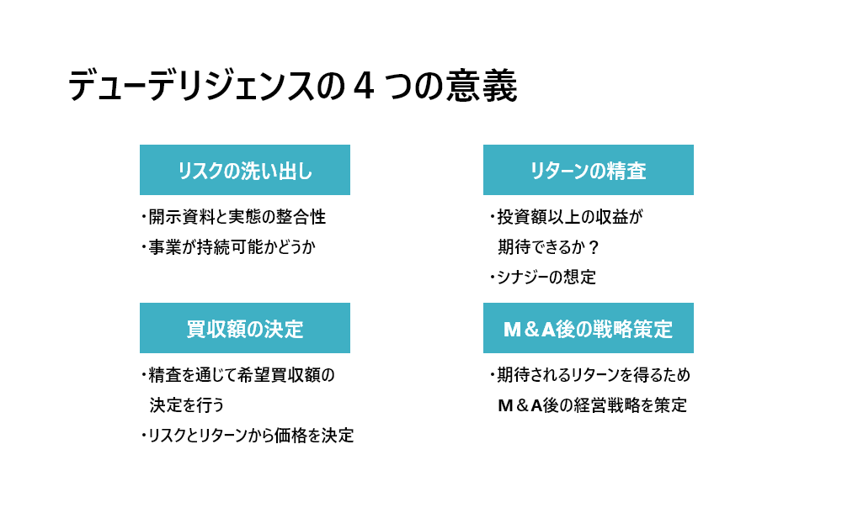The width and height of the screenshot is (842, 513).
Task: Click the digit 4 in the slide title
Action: click(x=364, y=86)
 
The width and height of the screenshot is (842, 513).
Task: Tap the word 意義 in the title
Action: click(x=482, y=86)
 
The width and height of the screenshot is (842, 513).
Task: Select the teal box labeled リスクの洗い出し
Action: click(x=245, y=170)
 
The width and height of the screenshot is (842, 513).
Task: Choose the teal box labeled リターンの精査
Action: click(x=589, y=170)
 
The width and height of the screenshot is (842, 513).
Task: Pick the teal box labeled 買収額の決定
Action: click(x=245, y=328)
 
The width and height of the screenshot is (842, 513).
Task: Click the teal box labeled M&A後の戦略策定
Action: click(x=589, y=328)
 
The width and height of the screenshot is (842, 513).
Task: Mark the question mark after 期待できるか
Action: click(x=594, y=247)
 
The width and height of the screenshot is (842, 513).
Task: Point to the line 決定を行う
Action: click(x=187, y=405)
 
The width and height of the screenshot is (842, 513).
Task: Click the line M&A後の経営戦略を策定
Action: click(x=592, y=405)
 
